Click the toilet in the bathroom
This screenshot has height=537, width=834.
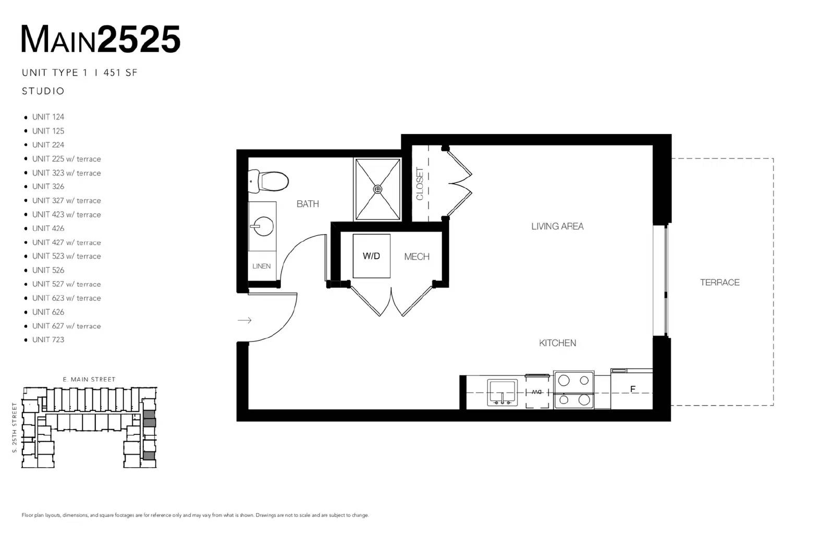tap(268, 181)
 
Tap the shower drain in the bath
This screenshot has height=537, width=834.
tap(377, 189)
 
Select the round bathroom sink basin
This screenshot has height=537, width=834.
tap(263, 226)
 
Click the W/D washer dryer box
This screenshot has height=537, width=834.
tap(371, 256)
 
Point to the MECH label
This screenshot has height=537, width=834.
tap(416, 257)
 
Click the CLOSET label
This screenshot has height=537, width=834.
tap(420, 184)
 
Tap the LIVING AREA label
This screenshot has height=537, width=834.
tap(557, 226)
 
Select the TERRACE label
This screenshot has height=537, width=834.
tap(719, 282)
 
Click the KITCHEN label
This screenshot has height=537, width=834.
tap(557, 343)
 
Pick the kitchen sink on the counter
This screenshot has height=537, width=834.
tap(502, 393)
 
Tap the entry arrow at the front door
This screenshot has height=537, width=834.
tap(244, 320)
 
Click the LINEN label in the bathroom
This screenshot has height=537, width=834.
tap(261, 266)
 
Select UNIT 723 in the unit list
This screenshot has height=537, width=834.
tap(48, 339)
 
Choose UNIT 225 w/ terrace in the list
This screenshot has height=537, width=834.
tap(66, 159)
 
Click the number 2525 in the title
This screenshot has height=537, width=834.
tap(139, 40)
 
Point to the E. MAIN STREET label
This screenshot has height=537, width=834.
tap(89, 380)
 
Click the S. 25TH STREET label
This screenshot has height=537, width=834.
tap(15, 428)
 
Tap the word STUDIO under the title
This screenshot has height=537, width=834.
tap(43, 91)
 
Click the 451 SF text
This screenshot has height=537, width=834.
tap(120, 72)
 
